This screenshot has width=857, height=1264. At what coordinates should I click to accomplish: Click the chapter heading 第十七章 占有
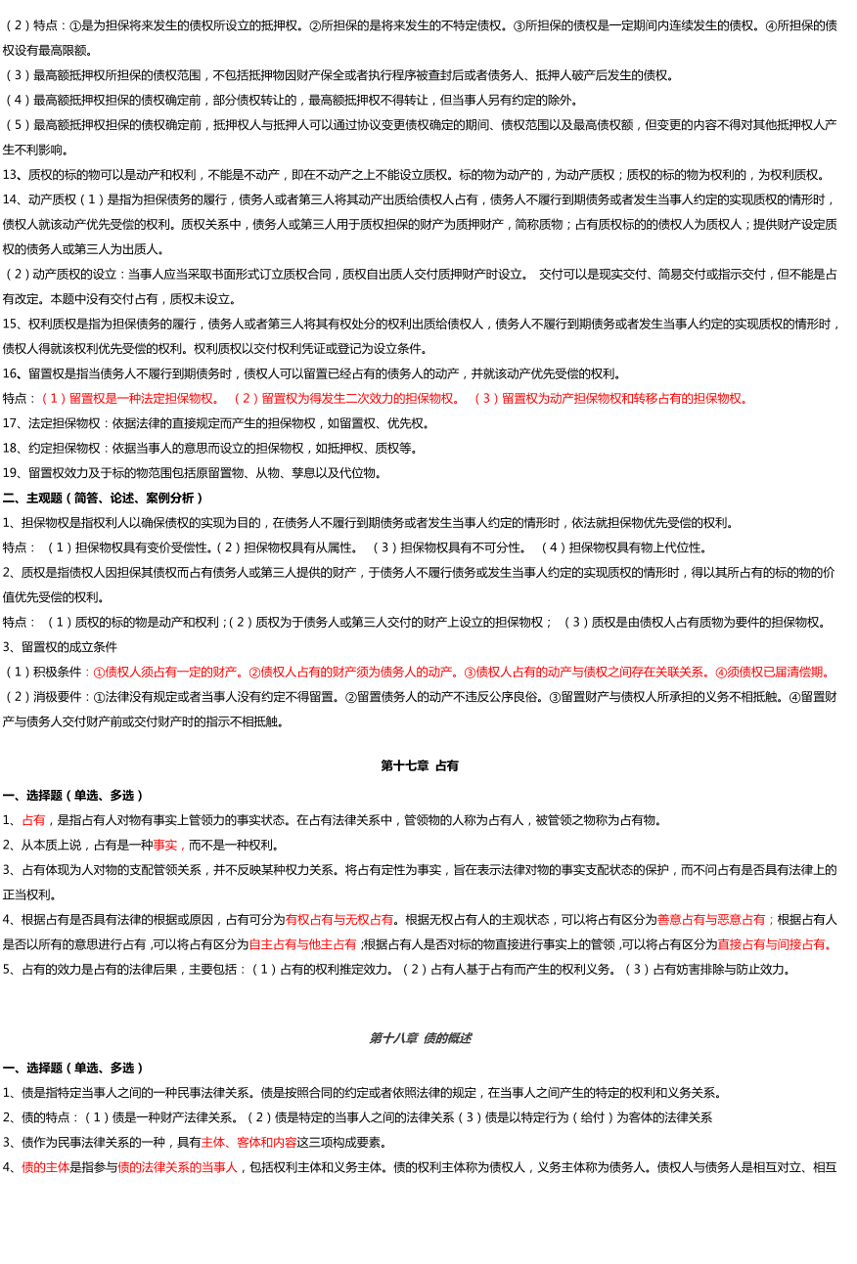tap(420, 765)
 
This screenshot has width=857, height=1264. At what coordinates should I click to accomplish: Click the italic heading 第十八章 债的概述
tap(420, 1038)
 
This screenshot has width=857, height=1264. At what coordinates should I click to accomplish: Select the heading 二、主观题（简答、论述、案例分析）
tap(103, 498)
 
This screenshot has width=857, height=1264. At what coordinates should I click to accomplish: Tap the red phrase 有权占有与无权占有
tap(339, 919)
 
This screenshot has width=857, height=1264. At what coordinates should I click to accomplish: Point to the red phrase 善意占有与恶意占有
tap(711, 919)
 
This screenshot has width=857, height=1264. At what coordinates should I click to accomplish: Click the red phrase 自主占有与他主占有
tap(302, 943)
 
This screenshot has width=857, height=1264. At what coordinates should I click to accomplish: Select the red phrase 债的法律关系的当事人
tap(178, 1167)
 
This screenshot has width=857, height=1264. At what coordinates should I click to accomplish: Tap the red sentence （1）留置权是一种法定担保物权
tap(132, 399)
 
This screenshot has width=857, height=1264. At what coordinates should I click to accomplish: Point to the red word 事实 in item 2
tap(166, 845)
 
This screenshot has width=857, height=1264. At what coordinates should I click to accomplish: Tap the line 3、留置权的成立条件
tap(60, 646)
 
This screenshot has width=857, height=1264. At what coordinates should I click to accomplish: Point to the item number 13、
tap(12, 175)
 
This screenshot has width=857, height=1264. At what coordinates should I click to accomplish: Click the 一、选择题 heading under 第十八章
tap(73, 1068)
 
